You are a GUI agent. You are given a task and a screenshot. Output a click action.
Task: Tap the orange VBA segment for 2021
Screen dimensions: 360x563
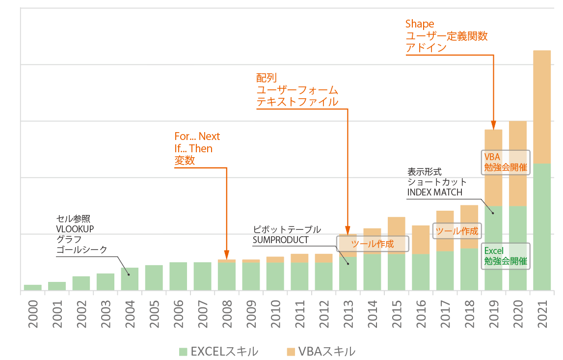point(541,107)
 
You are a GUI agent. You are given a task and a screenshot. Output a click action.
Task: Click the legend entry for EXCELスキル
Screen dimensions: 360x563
point(218,351)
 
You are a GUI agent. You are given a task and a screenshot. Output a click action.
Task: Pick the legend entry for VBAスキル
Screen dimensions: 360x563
point(321,351)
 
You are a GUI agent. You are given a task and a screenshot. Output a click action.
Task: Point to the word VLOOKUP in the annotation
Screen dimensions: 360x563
point(75,229)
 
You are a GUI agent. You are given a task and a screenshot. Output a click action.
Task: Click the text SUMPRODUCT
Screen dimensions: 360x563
point(280,240)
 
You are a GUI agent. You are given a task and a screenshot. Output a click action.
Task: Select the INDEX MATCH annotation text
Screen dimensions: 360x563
point(434,193)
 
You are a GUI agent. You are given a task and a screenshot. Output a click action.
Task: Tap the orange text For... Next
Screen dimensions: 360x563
point(197,136)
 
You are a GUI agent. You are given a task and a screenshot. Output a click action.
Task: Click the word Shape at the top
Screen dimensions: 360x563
point(420,24)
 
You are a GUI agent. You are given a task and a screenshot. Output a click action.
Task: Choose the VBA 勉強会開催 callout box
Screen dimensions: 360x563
point(505,162)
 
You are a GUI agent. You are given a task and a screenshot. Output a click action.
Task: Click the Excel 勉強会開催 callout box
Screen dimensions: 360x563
point(505,256)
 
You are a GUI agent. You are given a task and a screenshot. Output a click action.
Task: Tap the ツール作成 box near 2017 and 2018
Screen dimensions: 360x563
point(456,231)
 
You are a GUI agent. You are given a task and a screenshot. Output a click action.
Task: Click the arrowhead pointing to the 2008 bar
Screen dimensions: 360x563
point(226,255)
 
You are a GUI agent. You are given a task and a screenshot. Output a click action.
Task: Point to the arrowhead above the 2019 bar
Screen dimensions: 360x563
point(493,125)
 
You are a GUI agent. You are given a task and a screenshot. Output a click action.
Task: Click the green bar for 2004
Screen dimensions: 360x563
point(130,279)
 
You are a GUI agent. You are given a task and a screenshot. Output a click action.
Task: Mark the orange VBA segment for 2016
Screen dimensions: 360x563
point(420,240)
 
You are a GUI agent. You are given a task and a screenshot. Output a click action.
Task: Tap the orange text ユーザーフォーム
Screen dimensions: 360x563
point(297,90)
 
